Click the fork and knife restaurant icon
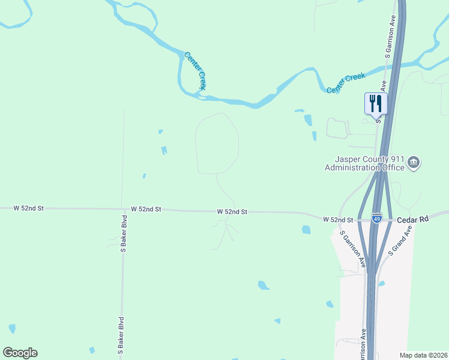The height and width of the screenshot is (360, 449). tap(376, 103)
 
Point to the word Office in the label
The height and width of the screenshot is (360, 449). tap(394, 167)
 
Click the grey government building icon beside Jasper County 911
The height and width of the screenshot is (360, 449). tap(414, 162)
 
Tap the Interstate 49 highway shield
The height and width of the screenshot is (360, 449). tap(376, 219)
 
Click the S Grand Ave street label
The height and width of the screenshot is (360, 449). tap(400, 241)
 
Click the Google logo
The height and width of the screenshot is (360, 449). tap(20, 353)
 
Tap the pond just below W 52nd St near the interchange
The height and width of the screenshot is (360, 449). tap(307, 229)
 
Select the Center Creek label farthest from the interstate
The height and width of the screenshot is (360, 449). tap(195, 71)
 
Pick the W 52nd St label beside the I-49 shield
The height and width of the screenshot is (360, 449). tap(337, 220)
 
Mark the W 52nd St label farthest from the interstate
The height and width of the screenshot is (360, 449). tap(29, 208)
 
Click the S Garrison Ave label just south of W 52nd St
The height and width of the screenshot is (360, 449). tap(352, 248)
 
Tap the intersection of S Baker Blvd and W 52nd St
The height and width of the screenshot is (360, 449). tap(123, 209)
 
